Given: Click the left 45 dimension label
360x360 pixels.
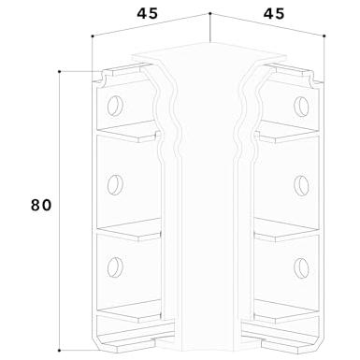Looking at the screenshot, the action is [x=148, y=13].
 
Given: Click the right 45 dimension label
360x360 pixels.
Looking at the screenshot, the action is [x=274, y=14].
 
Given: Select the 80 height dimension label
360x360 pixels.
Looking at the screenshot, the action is [x=41, y=206].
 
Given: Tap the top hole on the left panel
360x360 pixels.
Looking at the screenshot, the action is [x=115, y=106].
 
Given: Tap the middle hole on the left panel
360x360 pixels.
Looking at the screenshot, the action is [x=115, y=185].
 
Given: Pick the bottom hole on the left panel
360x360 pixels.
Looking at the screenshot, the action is [x=115, y=267].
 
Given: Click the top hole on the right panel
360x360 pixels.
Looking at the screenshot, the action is [x=301, y=107].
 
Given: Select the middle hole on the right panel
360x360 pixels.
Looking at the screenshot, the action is [x=301, y=186].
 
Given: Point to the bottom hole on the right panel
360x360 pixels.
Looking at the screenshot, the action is [x=301, y=267].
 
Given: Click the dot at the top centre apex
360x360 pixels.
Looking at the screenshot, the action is [x=210, y=13].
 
